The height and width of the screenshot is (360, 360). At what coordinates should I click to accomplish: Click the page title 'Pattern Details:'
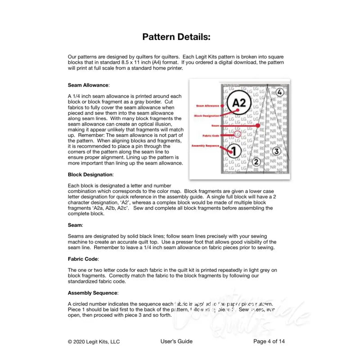point(176,37)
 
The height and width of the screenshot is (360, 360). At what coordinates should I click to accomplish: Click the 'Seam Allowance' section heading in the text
point(88,85)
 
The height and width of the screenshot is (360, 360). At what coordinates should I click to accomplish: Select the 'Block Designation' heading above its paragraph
point(90,174)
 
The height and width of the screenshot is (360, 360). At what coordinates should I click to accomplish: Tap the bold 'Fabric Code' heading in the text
point(83,259)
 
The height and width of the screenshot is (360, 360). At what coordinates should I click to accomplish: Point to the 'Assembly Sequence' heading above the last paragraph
point(93,292)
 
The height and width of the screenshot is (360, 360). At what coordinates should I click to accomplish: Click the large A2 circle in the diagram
point(240,103)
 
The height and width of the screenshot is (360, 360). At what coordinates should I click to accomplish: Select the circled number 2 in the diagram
point(256,162)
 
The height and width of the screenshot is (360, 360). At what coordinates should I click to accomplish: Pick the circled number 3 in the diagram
point(277,151)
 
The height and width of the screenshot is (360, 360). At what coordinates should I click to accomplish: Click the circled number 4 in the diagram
point(279,92)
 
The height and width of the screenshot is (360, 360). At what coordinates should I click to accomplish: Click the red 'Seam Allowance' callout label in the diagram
point(207,106)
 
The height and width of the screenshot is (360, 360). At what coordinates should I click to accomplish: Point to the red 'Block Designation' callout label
point(207,116)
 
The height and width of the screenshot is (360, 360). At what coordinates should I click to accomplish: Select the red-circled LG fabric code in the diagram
point(238,134)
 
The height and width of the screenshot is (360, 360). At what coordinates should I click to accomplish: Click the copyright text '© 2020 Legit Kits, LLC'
point(94,342)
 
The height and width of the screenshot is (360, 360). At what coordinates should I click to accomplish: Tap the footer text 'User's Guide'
point(176,342)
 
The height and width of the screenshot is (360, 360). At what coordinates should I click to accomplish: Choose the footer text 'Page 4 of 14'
point(269,342)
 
